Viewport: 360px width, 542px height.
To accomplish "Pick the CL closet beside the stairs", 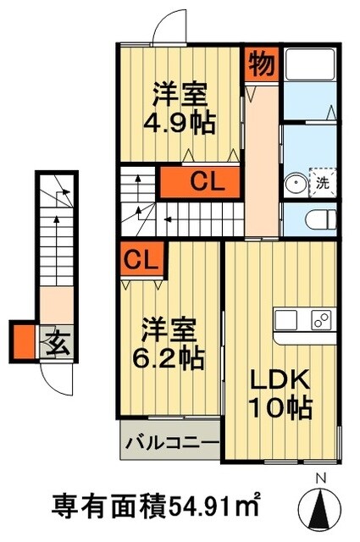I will tap(206, 180).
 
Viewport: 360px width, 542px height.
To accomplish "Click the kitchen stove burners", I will tap(322, 321).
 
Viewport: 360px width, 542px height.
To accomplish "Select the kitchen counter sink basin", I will tap(286, 322).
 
